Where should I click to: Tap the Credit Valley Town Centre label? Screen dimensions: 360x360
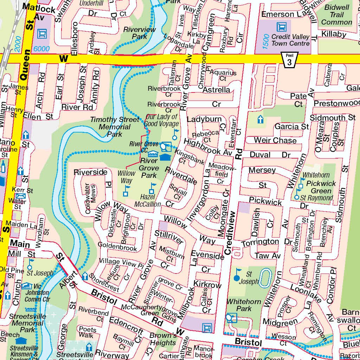click(x=290, y=40)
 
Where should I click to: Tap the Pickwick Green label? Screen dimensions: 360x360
click(x=321, y=187)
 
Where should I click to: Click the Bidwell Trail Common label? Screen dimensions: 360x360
click(x=336, y=15)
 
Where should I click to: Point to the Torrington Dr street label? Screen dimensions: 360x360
click(x=266, y=242)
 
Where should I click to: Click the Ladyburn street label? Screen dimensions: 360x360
click(x=204, y=119)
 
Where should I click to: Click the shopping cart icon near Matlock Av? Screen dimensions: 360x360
click(x=43, y=34)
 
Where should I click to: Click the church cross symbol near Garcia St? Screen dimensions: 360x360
click(x=261, y=120)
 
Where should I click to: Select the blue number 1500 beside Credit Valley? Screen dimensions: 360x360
click(x=266, y=41)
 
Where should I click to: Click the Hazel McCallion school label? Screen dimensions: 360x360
click(x=148, y=201)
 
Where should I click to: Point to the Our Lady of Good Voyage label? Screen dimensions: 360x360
click(x=162, y=120)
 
